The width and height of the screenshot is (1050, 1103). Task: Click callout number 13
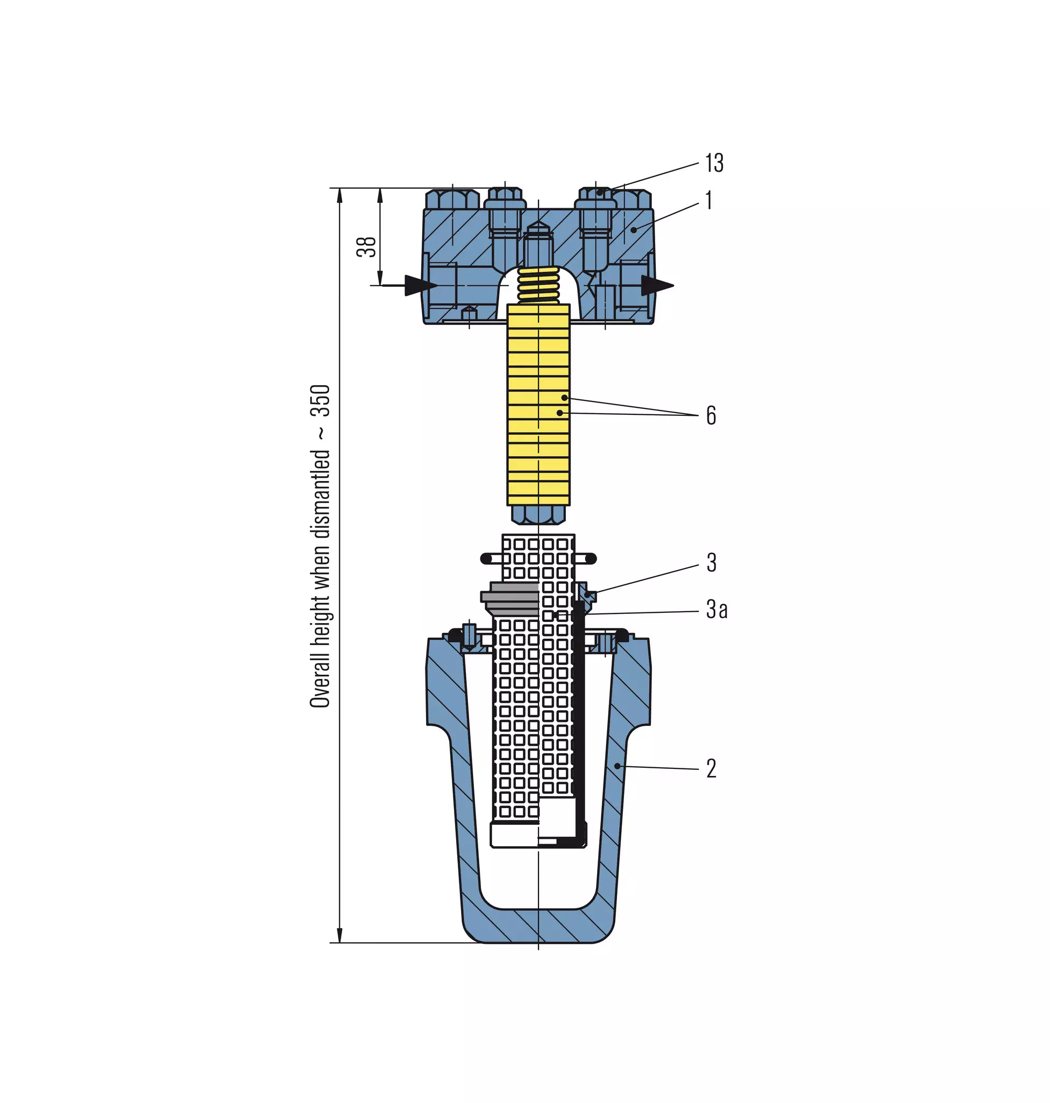(714, 163)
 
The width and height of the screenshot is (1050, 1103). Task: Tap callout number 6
(711, 415)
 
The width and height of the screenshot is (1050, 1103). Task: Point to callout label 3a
(716, 609)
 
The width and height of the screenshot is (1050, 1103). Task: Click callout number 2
(711, 768)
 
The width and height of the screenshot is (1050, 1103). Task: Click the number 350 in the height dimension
(321, 401)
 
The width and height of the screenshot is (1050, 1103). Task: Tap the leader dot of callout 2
(617, 766)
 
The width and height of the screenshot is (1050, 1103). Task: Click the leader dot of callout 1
(634, 230)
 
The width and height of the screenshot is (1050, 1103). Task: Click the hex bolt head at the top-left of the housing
(452, 199)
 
